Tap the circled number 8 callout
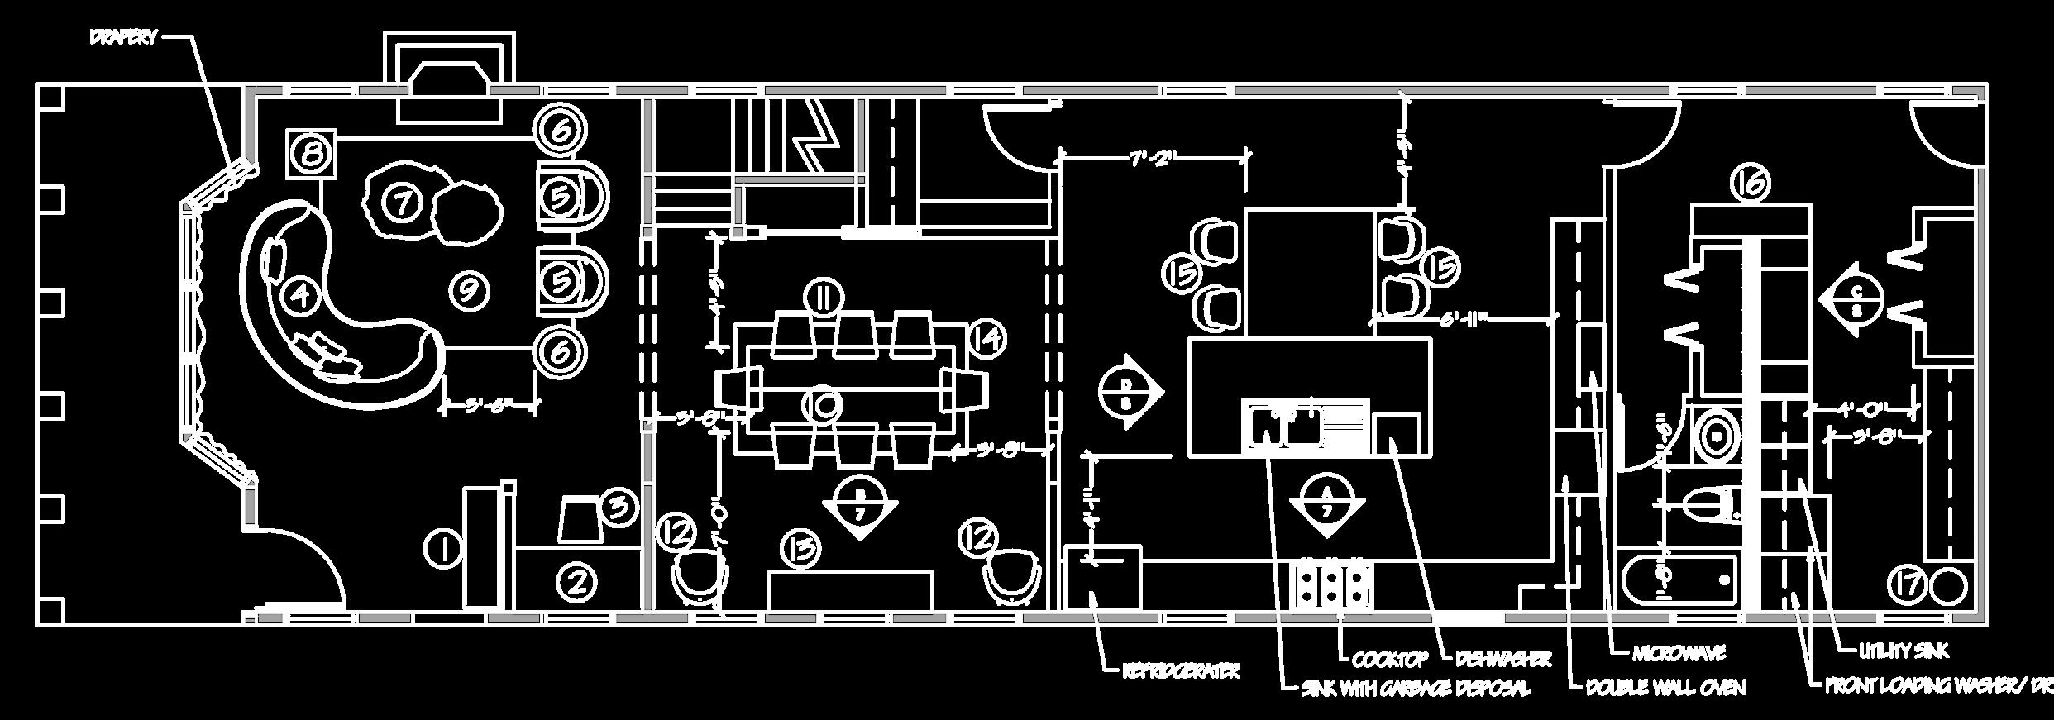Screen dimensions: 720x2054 click(312, 154)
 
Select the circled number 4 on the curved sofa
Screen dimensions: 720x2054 click(300, 295)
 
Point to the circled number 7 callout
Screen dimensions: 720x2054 click(401, 202)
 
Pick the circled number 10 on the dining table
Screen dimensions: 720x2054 click(822, 404)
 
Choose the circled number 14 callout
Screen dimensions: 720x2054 click(986, 338)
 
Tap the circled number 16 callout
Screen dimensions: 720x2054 click(1749, 184)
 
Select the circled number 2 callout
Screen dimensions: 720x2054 click(576, 582)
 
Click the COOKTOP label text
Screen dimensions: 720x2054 click(1390, 660)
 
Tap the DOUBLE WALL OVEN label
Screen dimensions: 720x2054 click(1665, 688)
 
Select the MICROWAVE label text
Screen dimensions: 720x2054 click(1679, 654)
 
